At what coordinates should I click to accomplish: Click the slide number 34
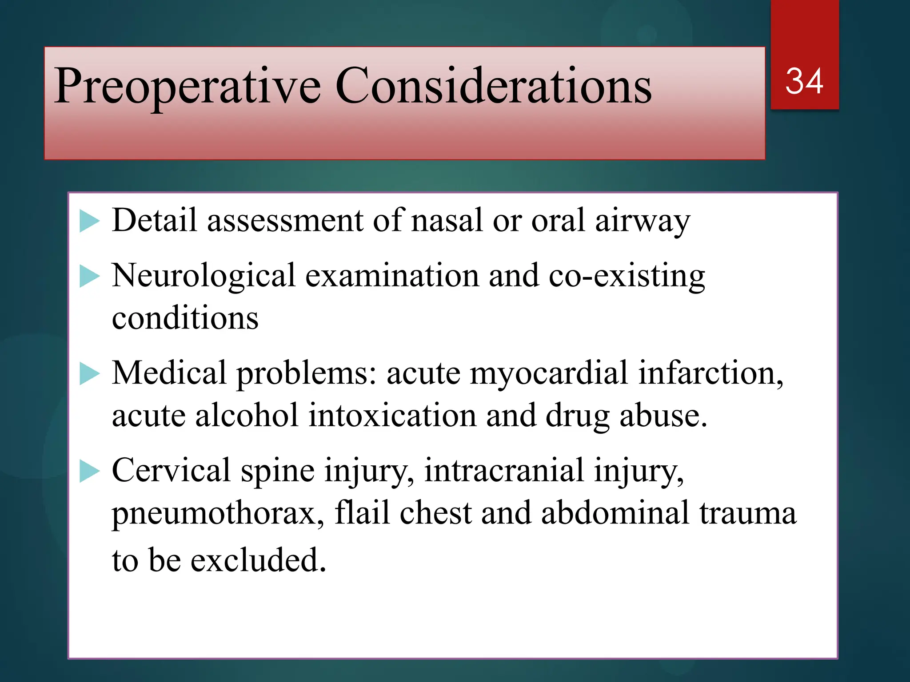pyautogui.click(x=804, y=81)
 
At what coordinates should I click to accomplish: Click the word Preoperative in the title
pyautogui.click(x=187, y=87)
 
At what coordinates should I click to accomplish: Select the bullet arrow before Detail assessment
pyautogui.click(x=89, y=221)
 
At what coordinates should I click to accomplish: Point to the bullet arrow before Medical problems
pyautogui.click(x=89, y=374)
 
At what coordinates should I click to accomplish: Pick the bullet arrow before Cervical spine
pyautogui.click(x=89, y=472)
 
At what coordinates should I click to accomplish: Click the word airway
pyautogui.click(x=643, y=221)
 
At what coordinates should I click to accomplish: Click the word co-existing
pyautogui.click(x=627, y=277)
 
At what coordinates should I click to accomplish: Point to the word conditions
pyautogui.click(x=185, y=318)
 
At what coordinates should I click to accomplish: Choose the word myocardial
pyautogui.click(x=549, y=373)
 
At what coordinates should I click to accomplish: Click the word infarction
pyautogui.click(x=710, y=373)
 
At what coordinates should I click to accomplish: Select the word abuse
pyautogui.click(x=663, y=416)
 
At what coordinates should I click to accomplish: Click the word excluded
pyautogui.click(x=258, y=560)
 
